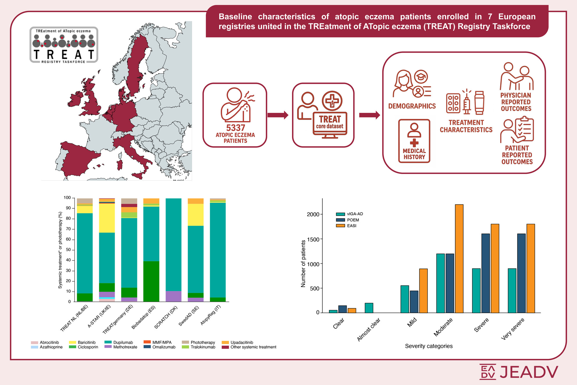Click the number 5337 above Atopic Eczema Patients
click(236, 128)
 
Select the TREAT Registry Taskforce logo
click(64, 45)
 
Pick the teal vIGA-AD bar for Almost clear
click(369, 308)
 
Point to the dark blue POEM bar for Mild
click(414, 301)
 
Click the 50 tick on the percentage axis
click(68, 250)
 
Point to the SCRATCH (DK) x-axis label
click(165, 317)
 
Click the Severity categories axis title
click(429, 346)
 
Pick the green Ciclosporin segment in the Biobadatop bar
click(151, 281)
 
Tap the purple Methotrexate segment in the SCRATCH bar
click(173, 296)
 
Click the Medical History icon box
click(414, 141)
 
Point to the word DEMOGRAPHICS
click(412, 106)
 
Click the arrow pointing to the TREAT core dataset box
click(278, 115)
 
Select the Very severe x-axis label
click(513, 329)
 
